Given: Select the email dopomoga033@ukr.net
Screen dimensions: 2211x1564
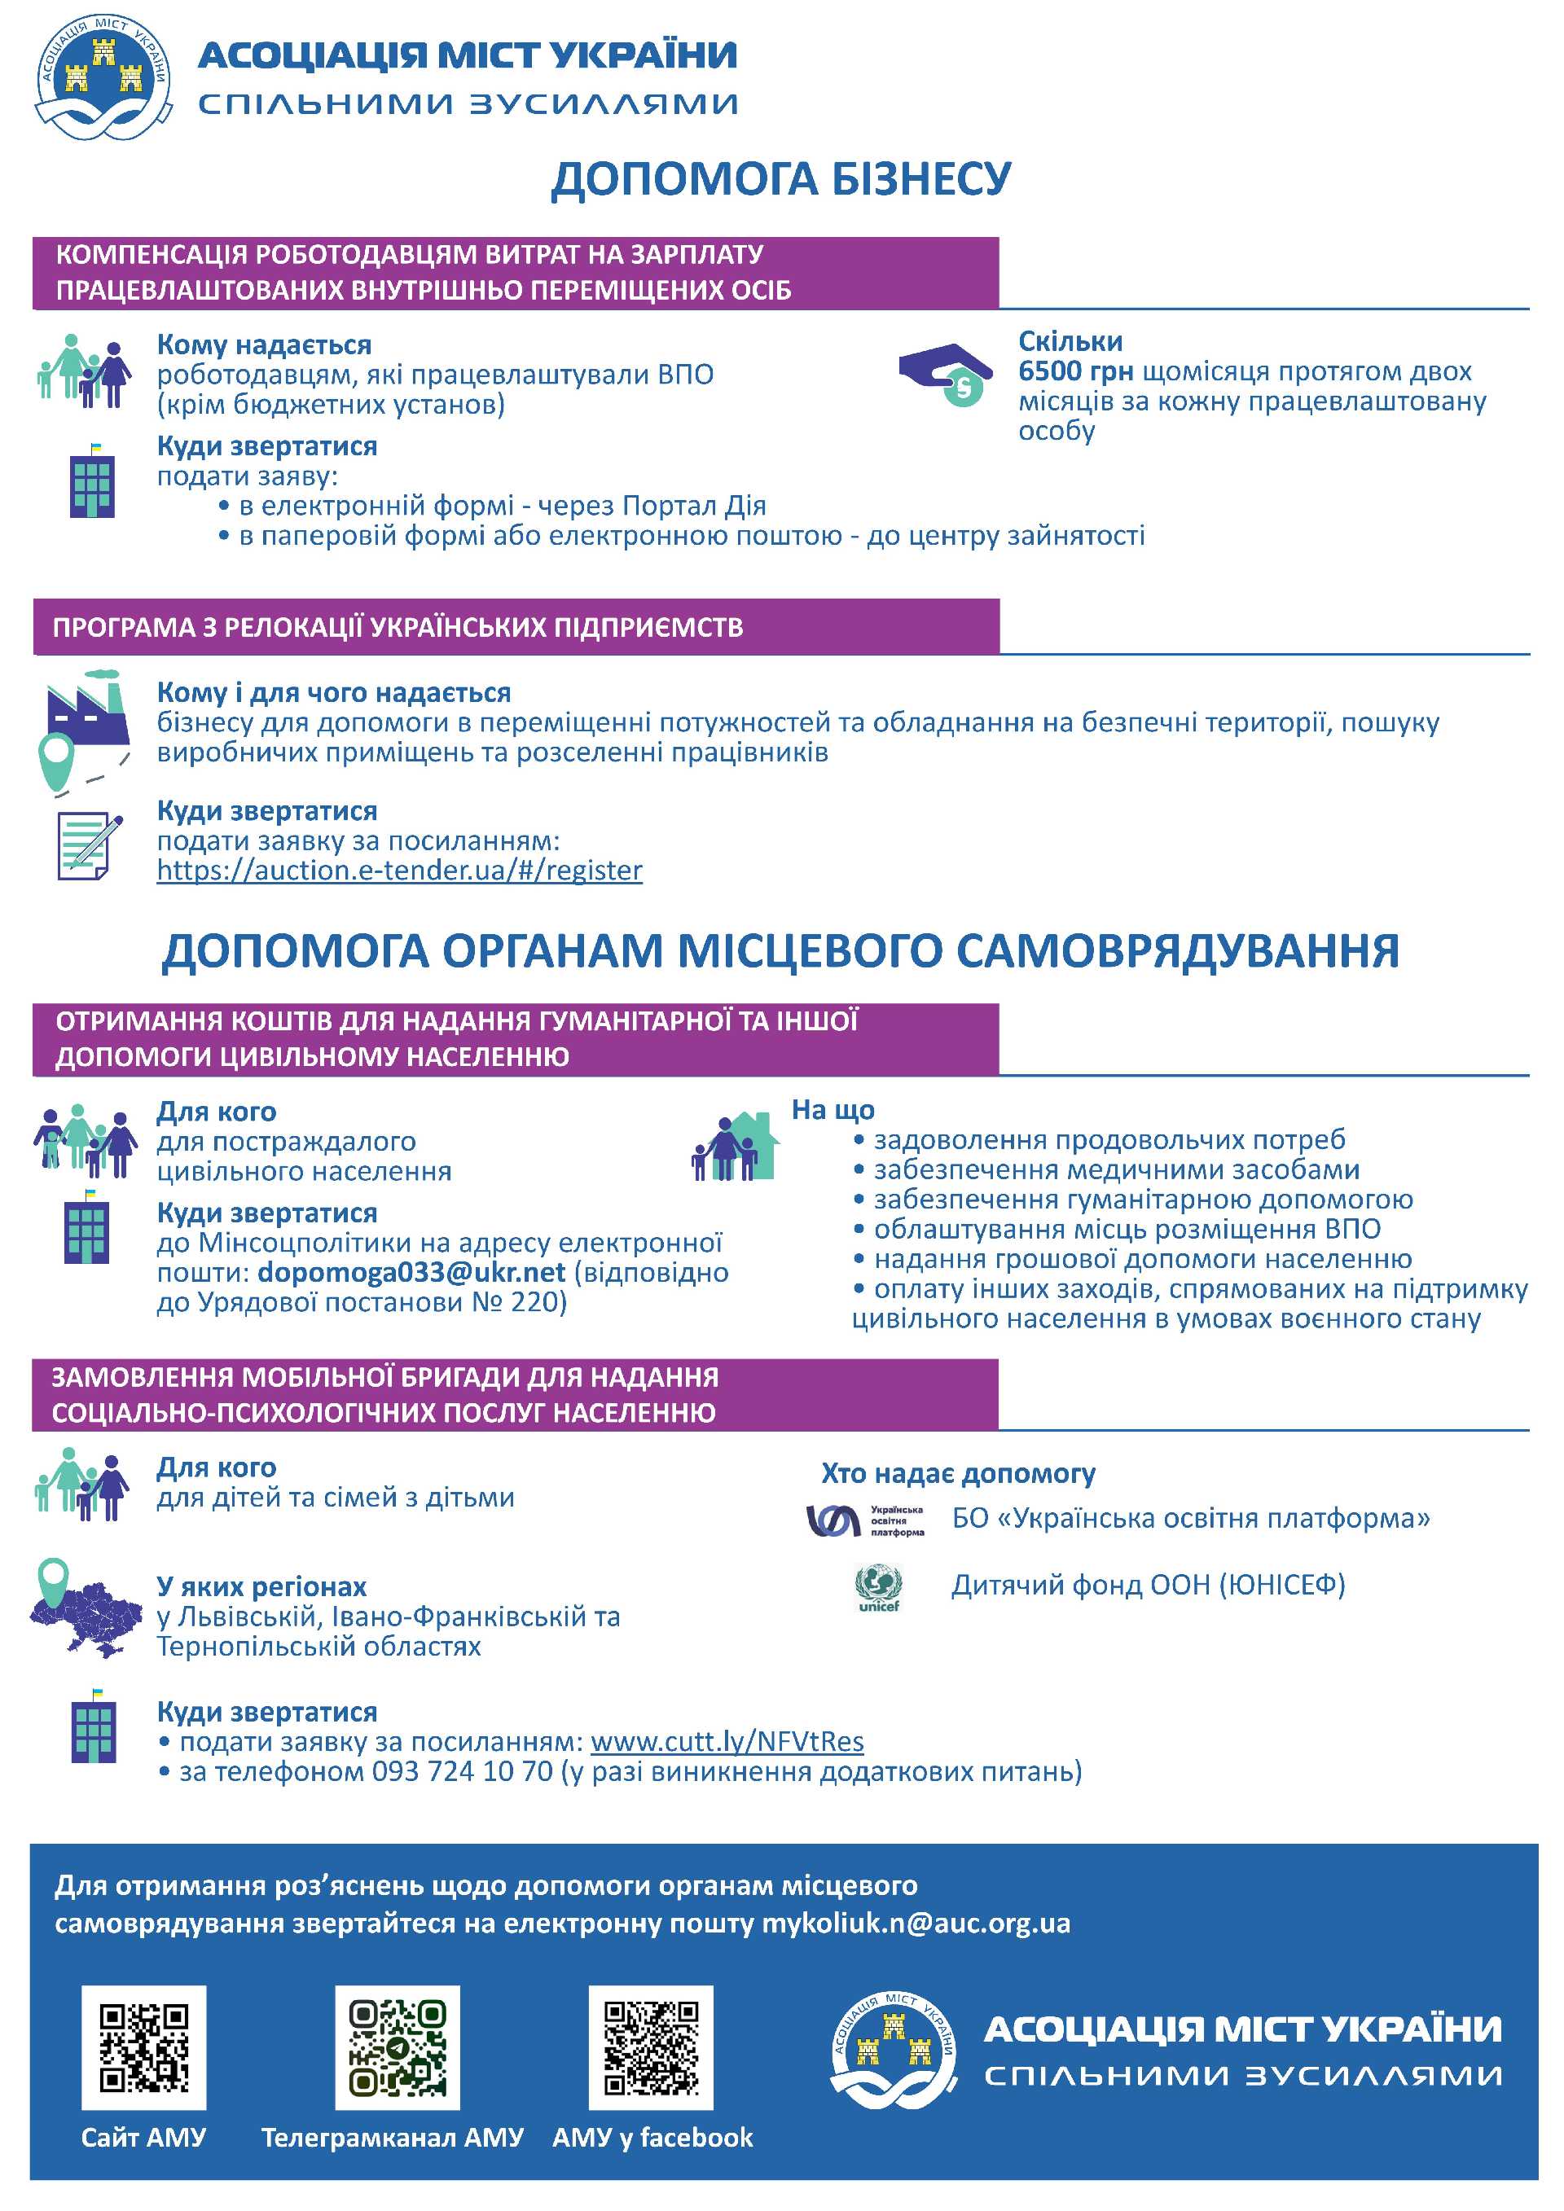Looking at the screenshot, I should point(411,1272).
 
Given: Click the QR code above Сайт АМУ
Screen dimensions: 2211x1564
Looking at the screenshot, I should point(143,2047).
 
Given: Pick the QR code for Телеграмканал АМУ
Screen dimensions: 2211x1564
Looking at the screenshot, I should point(397,2047).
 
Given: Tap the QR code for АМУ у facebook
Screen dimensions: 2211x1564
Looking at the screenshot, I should point(651,2047).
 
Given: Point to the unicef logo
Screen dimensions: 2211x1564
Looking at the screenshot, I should point(878,1588).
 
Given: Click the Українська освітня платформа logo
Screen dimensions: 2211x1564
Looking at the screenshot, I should point(863,1520).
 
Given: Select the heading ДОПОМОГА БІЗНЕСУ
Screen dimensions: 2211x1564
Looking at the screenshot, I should point(781,179).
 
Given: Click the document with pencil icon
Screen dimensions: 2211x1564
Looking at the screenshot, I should point(90,845).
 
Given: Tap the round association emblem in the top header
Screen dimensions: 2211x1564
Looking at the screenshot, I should point(103,77).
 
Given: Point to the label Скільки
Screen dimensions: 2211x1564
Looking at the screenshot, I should point(1070,342).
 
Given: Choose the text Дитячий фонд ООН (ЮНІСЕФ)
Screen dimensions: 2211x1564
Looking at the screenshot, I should point(1148,1585).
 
